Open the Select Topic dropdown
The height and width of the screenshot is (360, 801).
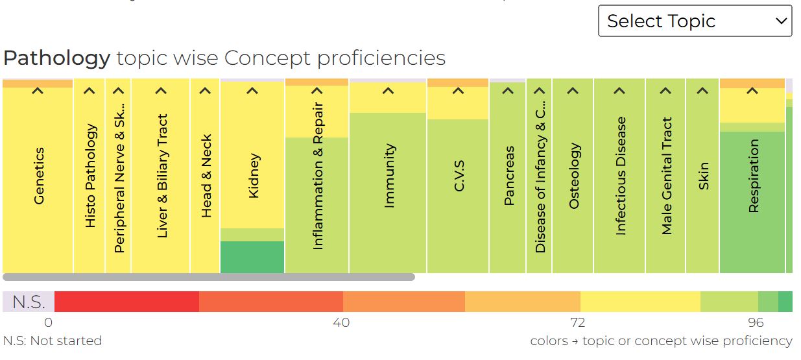(x=695, y=21)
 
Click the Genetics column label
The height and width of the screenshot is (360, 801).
(x=39, y=176)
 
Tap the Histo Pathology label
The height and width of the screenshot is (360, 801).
(x=90, y=176)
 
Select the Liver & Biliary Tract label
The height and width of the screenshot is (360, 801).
(x=162, y=176)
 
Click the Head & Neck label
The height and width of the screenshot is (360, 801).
(x=206, y=176)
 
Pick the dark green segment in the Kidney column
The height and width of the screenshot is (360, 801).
(x=252, y=257)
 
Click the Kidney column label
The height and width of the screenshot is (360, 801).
(x=254, y=176)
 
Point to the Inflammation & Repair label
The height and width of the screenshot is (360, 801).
(x=317, y=176)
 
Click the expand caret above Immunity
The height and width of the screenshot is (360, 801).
(x=388, y=91)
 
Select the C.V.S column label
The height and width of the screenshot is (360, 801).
(x=459, y=176)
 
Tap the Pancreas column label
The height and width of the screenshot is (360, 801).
(x=508, y=176)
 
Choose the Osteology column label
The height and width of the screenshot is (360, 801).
(x=573, y=176)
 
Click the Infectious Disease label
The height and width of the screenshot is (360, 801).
(x=621, y=176)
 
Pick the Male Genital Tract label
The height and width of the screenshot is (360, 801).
(x=667, y=176)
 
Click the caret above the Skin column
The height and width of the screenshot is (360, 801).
(x=703, y=91)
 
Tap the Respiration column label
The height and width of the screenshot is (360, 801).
(x=753, y=176)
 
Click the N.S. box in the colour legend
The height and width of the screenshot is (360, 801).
(x=29, y=302)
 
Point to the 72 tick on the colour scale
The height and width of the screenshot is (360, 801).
(x=577, y=322)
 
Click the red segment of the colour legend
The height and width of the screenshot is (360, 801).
(x=126, y=302)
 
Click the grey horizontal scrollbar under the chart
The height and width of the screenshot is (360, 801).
(x=208, y=277)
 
